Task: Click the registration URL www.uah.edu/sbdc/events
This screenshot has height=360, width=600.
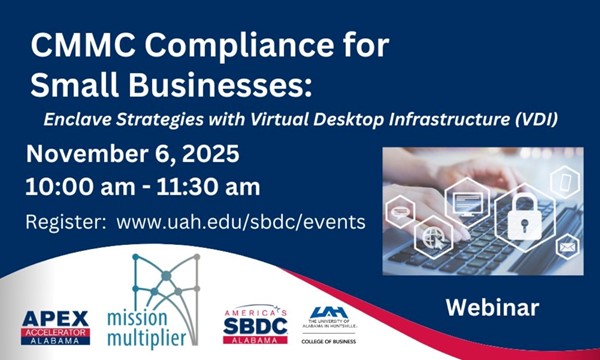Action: (241, 221)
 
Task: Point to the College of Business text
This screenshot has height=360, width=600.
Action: (327, 342)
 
